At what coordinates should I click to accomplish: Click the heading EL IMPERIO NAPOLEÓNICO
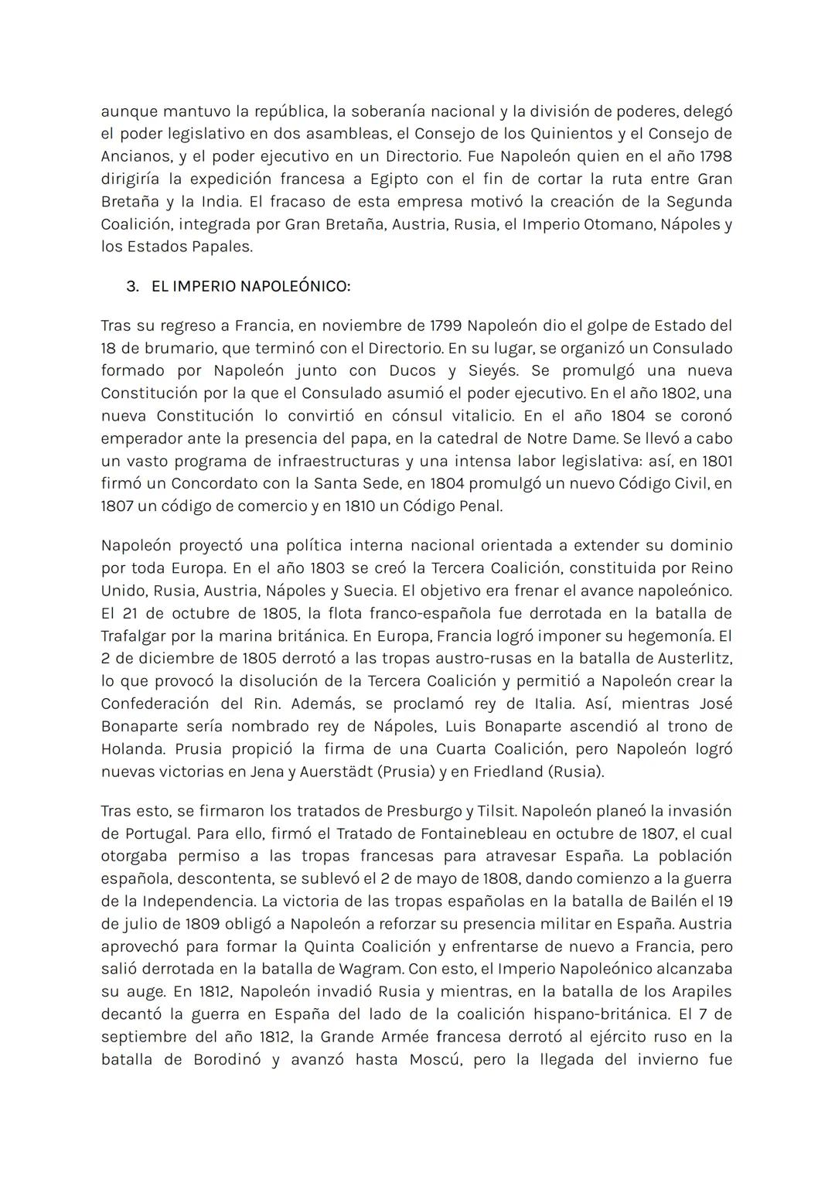pos(250,286)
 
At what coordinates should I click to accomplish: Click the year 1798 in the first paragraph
pos(715,156)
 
